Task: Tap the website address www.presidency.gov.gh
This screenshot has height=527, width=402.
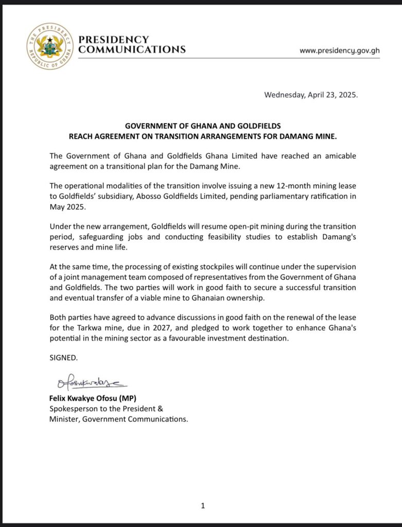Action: [339, 50]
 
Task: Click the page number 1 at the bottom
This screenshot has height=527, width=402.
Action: [203, 506]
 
